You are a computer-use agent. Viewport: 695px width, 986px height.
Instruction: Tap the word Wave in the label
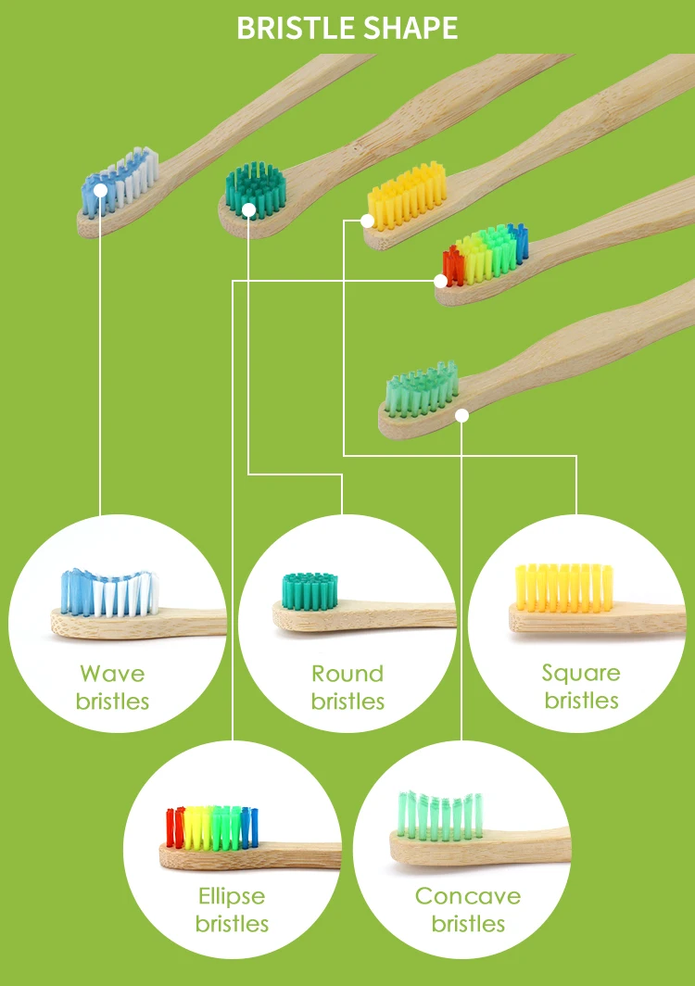(112, 674)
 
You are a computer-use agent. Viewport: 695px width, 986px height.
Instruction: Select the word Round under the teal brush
(347, 674)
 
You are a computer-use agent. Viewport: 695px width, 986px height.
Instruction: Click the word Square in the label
(581, 674)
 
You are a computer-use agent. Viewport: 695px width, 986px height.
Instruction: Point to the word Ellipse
(232, 896)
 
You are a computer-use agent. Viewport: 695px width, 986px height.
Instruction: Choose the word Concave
(468, 896)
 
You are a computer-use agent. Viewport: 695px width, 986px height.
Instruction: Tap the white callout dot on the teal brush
(248, 211)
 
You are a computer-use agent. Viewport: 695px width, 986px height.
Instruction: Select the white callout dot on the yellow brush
(368, 221)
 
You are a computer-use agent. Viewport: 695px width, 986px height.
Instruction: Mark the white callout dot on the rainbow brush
(441, 280)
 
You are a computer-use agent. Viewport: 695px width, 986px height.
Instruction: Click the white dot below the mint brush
(461, 416)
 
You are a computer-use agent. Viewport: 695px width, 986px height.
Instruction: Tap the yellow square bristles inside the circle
(563, 588)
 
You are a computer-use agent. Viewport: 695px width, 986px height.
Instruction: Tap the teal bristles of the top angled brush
(257, 185)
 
